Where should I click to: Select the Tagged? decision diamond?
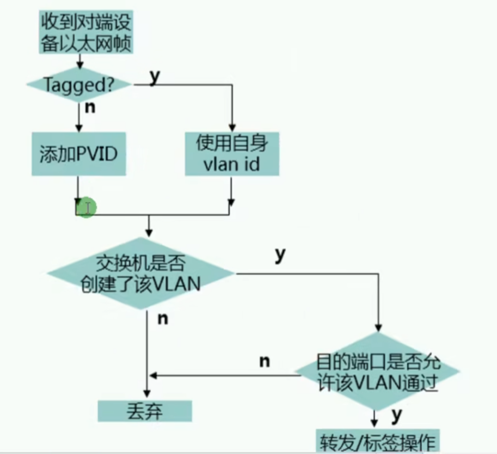click(79, 85)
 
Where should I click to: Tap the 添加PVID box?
click(78, 154)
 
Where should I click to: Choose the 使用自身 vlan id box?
click(232, 154)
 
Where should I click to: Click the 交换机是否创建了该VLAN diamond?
click(141, 274)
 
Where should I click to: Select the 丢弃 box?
click(145, 411)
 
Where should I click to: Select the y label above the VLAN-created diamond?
click(279, 254)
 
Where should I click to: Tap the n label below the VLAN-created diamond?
click(163, 319)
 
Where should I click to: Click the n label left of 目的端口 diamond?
click(264, 361)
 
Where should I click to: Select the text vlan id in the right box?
click(232, 165)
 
